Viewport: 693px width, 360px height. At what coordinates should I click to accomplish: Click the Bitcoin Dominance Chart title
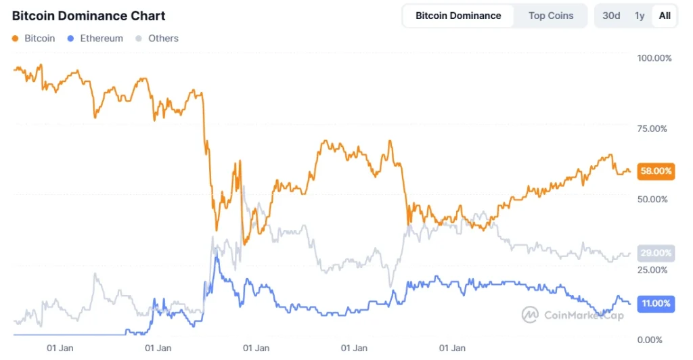(89, 16)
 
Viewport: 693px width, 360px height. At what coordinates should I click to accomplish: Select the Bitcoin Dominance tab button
(458, 16)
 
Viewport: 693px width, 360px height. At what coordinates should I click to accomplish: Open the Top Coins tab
(550, 16)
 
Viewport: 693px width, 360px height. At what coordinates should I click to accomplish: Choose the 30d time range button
(611, 16)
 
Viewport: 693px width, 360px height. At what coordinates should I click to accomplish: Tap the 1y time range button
(640, 16)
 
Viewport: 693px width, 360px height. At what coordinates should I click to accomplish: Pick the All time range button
(665, 16)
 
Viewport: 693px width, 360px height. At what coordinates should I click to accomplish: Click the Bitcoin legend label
(40, 39)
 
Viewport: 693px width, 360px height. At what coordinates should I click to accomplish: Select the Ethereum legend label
(102, 39)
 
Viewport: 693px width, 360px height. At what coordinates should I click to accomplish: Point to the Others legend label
(163, 39)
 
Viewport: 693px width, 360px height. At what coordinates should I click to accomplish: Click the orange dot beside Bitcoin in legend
(16, 39)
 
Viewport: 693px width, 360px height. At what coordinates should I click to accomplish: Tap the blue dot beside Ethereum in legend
(72, 39)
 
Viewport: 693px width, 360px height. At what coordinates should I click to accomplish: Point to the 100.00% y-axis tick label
(654, 58)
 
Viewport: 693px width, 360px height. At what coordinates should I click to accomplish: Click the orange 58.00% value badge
(656, 171)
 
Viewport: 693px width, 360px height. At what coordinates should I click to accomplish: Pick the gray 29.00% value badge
(656, 253)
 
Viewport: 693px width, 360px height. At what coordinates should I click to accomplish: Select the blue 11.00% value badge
(656, 304)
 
